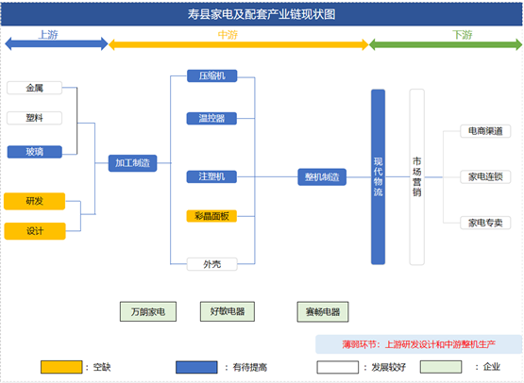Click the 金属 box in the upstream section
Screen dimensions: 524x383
click(34, 88)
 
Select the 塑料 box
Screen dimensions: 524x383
click(34, 118)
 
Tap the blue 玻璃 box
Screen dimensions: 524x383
click(34, 152)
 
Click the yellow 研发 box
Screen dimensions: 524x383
click(34, 201)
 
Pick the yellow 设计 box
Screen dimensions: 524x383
click(35, 231)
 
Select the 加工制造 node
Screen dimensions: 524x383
click(133, 163)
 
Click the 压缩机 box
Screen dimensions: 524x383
click(211, 75)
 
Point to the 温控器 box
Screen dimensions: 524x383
click(211, 118)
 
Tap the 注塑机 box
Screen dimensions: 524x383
click(211, 176)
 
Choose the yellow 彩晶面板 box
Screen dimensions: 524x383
click(211, 216)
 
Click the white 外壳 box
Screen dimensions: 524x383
click(211, 264)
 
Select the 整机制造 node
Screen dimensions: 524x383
click(322, 177)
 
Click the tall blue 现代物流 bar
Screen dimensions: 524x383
click(378, 177)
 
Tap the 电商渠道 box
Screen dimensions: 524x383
click(485, 131)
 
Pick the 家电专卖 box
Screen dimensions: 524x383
click(485, 223)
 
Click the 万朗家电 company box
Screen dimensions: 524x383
click(148, 311)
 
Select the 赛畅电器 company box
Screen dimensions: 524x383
click(323, 312)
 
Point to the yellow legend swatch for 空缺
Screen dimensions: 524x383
click(61, 367)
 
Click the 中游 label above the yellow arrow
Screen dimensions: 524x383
click(228, 35)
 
